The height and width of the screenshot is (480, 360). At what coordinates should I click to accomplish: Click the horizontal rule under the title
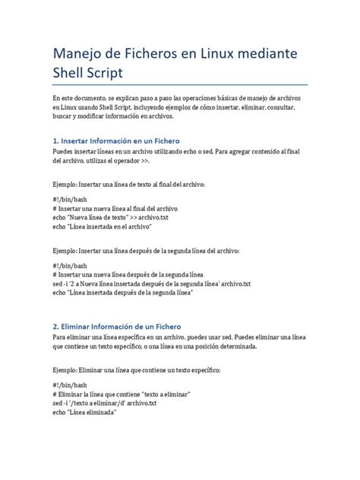click(x=180, y=85)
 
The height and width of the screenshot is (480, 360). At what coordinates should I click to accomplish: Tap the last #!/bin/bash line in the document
click(x=71, y=385)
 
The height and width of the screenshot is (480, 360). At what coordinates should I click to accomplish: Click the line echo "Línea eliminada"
click(x=84, y=412)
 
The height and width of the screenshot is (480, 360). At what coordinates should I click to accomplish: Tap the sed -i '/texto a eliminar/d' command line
click(x=105, y=403)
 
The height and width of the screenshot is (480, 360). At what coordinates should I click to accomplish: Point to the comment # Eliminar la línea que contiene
click(x=121, y=394)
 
